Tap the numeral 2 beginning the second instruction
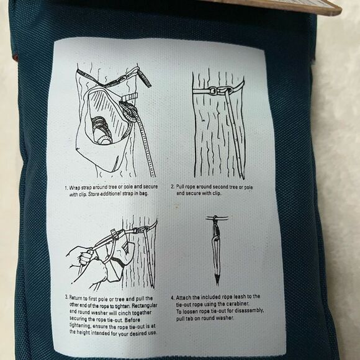tap(173, 186)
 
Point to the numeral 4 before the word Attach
tap(173, 296)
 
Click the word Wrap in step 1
tap(76, 187)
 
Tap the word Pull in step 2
tap(183, 186)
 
